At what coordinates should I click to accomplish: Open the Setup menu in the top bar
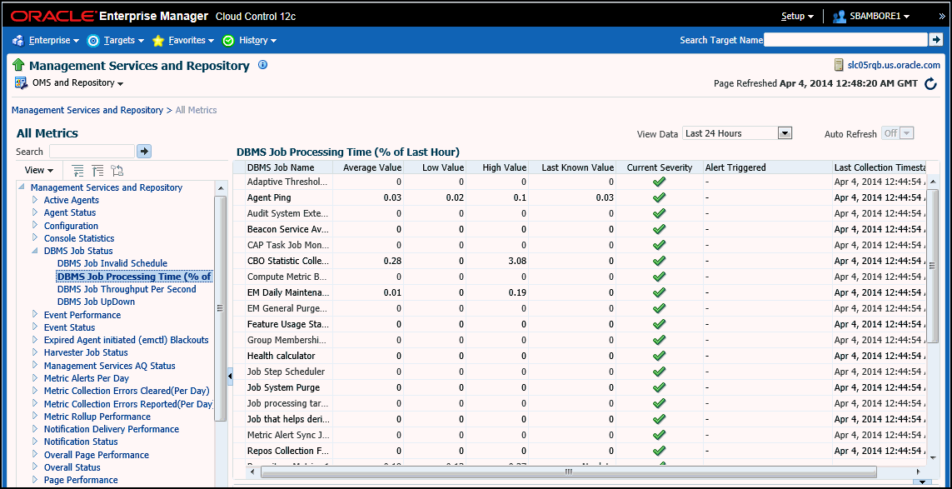point(797,16)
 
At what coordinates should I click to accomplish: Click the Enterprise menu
point(49,40)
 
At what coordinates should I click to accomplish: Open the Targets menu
point(119,40)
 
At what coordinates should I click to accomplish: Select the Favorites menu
point(187,40)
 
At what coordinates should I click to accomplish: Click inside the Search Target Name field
point(845,40)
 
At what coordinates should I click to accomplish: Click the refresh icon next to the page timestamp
point(930,83)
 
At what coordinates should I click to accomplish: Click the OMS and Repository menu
point(77,83)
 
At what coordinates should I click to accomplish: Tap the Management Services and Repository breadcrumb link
point(87,110)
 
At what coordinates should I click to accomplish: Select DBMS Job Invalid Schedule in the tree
point(112,263)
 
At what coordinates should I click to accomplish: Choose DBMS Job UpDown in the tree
point(96,302)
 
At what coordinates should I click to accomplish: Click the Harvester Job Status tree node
point(86,352)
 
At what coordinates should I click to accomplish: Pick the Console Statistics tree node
point(79,238)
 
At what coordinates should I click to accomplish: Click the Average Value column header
point(372,167)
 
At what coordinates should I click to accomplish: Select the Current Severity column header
point(659,167)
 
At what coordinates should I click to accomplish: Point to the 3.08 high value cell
point(516,261)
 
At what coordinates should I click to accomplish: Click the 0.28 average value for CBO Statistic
point(391,261)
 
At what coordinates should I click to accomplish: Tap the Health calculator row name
point(281,356)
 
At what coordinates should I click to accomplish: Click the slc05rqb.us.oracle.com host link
point(893,65)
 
